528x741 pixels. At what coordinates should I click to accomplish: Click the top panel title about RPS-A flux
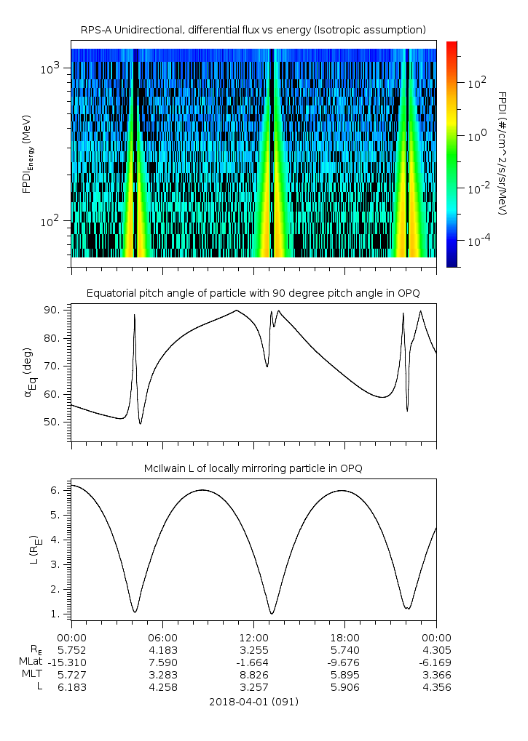click(x=253, y=29)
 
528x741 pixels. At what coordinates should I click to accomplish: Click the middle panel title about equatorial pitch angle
click(x=253, y=293)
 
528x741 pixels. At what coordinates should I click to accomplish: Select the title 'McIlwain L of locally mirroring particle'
click(x=253, y=468)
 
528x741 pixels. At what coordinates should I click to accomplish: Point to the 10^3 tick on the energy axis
click(x=53, y=68)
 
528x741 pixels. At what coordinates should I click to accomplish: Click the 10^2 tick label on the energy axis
click(x=53, y=220)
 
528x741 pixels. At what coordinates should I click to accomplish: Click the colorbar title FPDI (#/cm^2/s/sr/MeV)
click(x=503, y=153)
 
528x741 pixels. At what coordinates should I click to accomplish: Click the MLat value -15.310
click(x=71, y=662)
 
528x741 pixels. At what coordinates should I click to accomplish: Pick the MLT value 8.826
click(x=253, y=674)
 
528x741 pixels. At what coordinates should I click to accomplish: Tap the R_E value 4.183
click(x=162, y=649)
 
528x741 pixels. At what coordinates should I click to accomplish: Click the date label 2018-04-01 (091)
click(x=253, y=702)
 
